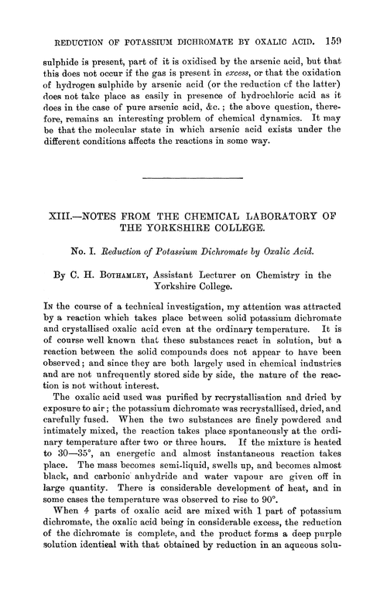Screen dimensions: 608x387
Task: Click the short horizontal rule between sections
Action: click(x=193, y=179)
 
